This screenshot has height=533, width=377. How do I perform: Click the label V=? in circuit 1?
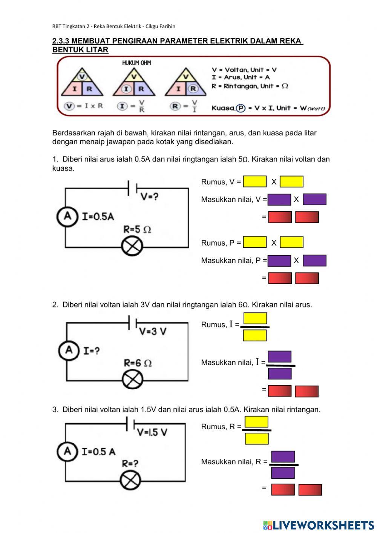coord(149,197)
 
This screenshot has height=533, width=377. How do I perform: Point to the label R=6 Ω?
coord(138,363)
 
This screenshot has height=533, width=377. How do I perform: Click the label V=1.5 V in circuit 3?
coord(152,432)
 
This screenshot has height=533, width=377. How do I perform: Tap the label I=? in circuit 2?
coord(91,351)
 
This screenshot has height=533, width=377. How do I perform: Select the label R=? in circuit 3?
coord(130,463)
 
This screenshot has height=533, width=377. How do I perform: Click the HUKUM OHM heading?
coord(136,63)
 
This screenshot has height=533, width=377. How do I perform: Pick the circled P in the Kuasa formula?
coord(241,108)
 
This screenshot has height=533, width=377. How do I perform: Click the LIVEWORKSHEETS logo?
coord(318,525)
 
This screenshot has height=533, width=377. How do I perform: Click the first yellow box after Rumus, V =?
coord(254,181)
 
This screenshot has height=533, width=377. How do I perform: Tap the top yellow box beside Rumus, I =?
coord(255,318)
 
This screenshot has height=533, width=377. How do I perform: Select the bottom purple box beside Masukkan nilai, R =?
coord(283,473)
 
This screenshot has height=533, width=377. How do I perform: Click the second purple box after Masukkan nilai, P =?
coord(314,260)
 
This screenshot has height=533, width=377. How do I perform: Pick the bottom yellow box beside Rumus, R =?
coord(257,438)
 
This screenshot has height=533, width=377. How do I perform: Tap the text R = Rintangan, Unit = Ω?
coord(250,86)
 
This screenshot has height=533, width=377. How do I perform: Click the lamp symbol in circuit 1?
coord(132,247)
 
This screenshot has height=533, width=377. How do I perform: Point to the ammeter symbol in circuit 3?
coord(67,451)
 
